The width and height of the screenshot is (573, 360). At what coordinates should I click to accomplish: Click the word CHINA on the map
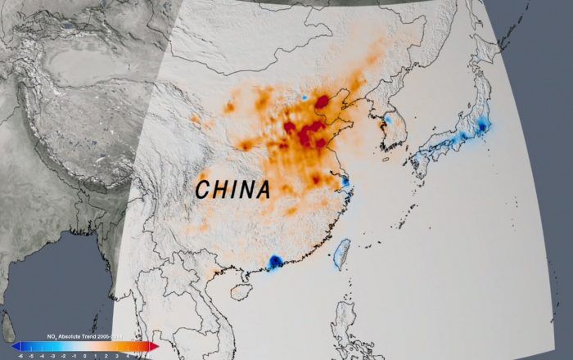click(233, 189)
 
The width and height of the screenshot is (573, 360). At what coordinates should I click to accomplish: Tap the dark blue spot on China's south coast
click(275, 261)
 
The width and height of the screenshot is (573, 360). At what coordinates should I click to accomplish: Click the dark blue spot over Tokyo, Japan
click(482, 125)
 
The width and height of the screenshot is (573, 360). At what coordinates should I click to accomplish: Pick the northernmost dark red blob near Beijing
click(323, 101)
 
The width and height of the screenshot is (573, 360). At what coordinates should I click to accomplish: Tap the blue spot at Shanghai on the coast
click(345, 182)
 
